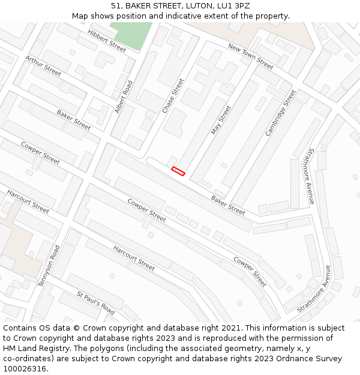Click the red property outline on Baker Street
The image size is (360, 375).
[178, 171]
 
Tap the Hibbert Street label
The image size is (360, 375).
[107, 41]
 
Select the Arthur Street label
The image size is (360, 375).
[43, 65]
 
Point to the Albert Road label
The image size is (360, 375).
[124, 97]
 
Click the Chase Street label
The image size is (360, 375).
[173, 95]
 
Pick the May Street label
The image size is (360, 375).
[221, 120]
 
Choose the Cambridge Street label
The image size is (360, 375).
[281, 112]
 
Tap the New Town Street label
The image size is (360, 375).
[250, 56]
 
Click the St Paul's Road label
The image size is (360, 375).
[95, 302]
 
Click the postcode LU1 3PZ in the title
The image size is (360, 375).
[235, 6]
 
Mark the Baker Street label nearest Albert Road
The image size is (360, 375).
[74, 119]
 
